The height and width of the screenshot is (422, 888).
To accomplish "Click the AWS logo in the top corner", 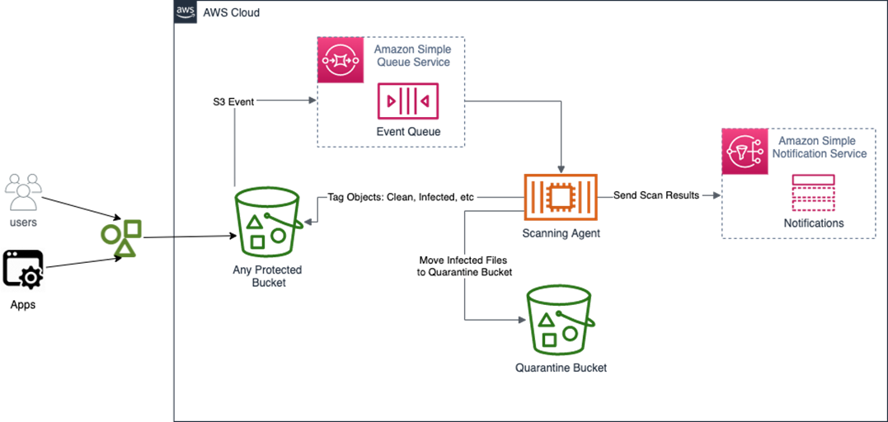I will pyautogui.click(x=186, y=12).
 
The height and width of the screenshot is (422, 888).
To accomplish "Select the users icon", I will pyautogui.click(x=22, y=193).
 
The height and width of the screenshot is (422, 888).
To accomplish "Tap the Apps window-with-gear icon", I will pyautogui.click(x=22, y=269).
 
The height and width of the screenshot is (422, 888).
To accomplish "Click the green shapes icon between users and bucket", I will pyautogui.click(x=121, y=237).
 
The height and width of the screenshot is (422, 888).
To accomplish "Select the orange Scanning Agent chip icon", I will pyautogui.click(x=561, y=197).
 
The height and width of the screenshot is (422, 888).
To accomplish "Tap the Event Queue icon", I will pyautogui.click(x=407, y=101).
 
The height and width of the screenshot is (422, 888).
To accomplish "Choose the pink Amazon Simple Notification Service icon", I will pyautogui.click(x=744, y=151).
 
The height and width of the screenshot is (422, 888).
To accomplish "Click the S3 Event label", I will pyautogui.click(x=233, y=102).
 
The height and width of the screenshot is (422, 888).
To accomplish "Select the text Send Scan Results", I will pyautogui.click(x=656, y=196).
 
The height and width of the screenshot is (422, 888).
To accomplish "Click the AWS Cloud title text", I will pyautogui.click(x=231, y=12).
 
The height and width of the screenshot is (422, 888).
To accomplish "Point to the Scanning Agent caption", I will pyautogui.click(x=561, y=233).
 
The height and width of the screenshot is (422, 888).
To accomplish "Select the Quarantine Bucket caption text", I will pyautogui.click(x=561, y=368).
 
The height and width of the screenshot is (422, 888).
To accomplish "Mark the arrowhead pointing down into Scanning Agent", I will pyautogui.click(x=561, y=167).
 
